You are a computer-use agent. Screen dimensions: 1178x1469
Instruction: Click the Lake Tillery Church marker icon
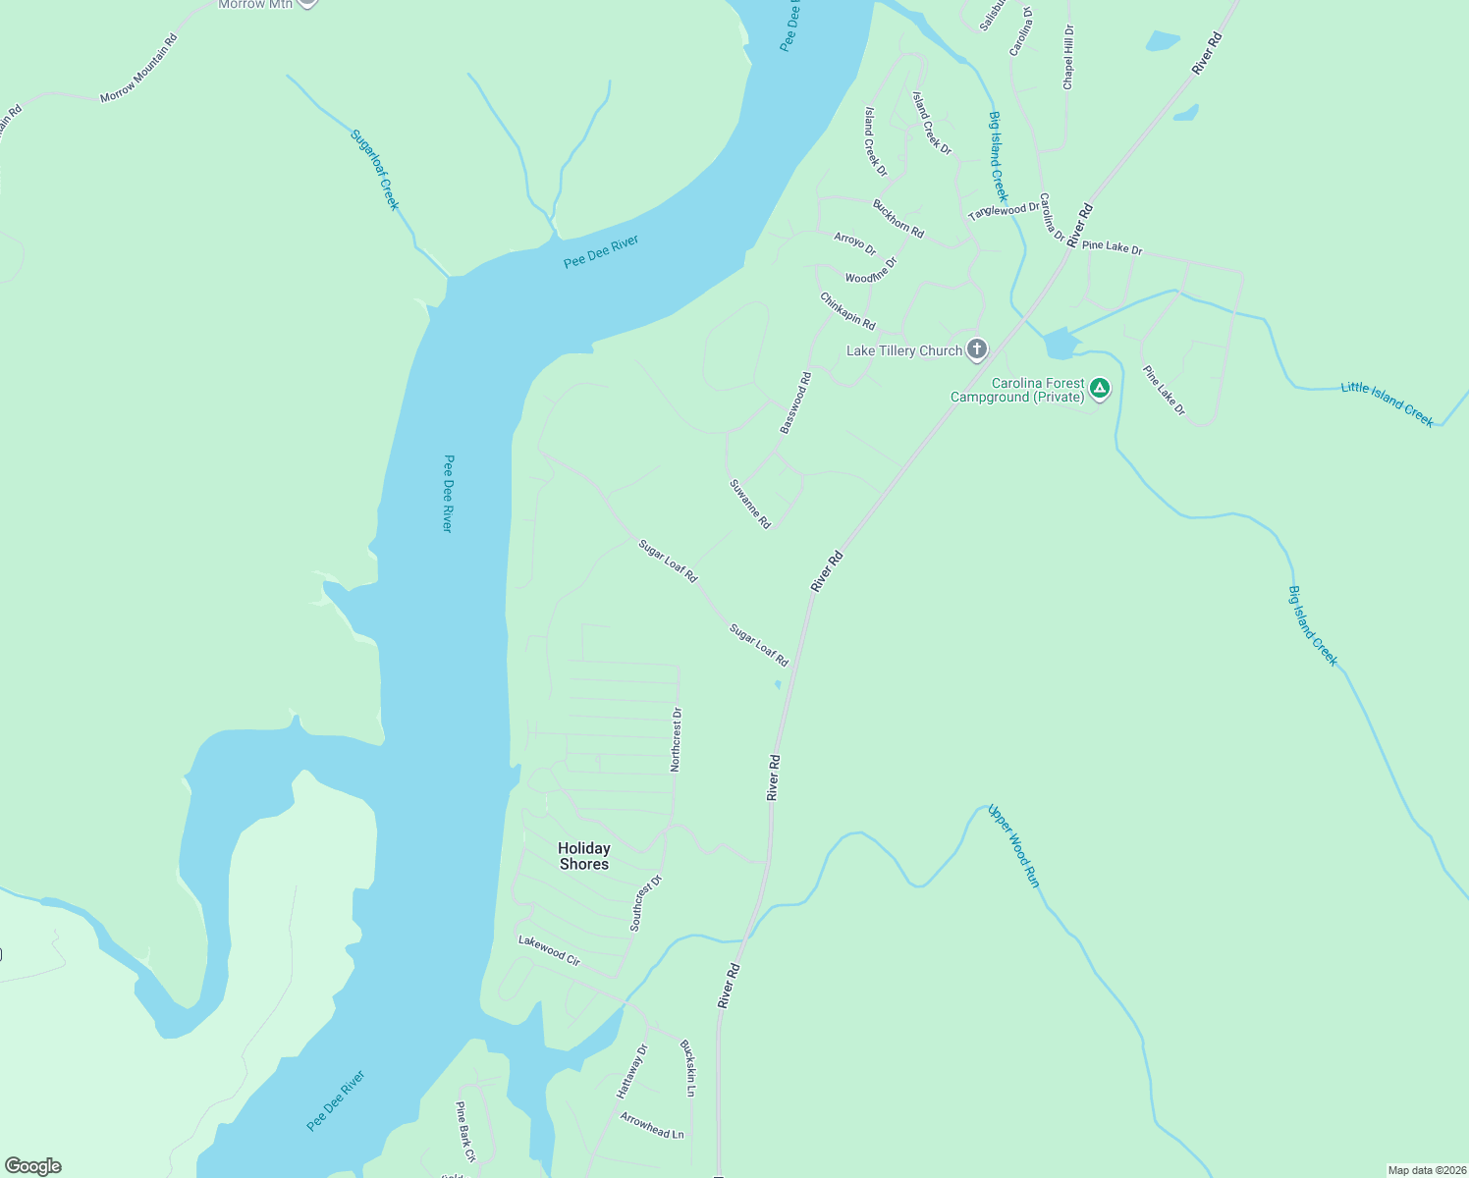[976, 349]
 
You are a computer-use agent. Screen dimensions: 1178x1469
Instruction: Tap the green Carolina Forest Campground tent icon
[1100, 389]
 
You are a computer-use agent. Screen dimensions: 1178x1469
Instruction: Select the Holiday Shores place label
[584, 856]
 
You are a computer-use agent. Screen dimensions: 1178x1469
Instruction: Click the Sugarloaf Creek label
[375, 170]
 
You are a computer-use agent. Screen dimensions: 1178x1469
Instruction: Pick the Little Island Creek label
[1387, 403]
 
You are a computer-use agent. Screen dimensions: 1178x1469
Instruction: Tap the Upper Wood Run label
[1013, 846]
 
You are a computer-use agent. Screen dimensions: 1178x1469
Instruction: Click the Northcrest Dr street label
[676, 739]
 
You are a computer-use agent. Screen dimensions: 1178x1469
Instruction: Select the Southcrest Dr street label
[646, 903]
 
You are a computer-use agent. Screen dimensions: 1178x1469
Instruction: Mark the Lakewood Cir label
[550, 950]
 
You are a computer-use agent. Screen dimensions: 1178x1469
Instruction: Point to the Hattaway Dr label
[632, 1071]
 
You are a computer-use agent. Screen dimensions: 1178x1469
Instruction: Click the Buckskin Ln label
[688, 1068]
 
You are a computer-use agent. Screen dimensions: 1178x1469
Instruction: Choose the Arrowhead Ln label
[652, 1125]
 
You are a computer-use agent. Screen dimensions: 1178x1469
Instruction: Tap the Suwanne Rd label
[750, 504]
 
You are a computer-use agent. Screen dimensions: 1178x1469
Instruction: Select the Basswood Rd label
[795, 402]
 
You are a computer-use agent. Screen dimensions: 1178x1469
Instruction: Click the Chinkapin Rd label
[847, 310]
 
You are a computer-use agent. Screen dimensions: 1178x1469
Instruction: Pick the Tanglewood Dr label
[1003, 211]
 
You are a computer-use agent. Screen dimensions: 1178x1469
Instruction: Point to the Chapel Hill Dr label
[1068, 58]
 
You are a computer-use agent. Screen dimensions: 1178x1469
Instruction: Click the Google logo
[33, 1166]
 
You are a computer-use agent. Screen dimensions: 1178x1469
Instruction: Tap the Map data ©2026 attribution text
[1426, 1170]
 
